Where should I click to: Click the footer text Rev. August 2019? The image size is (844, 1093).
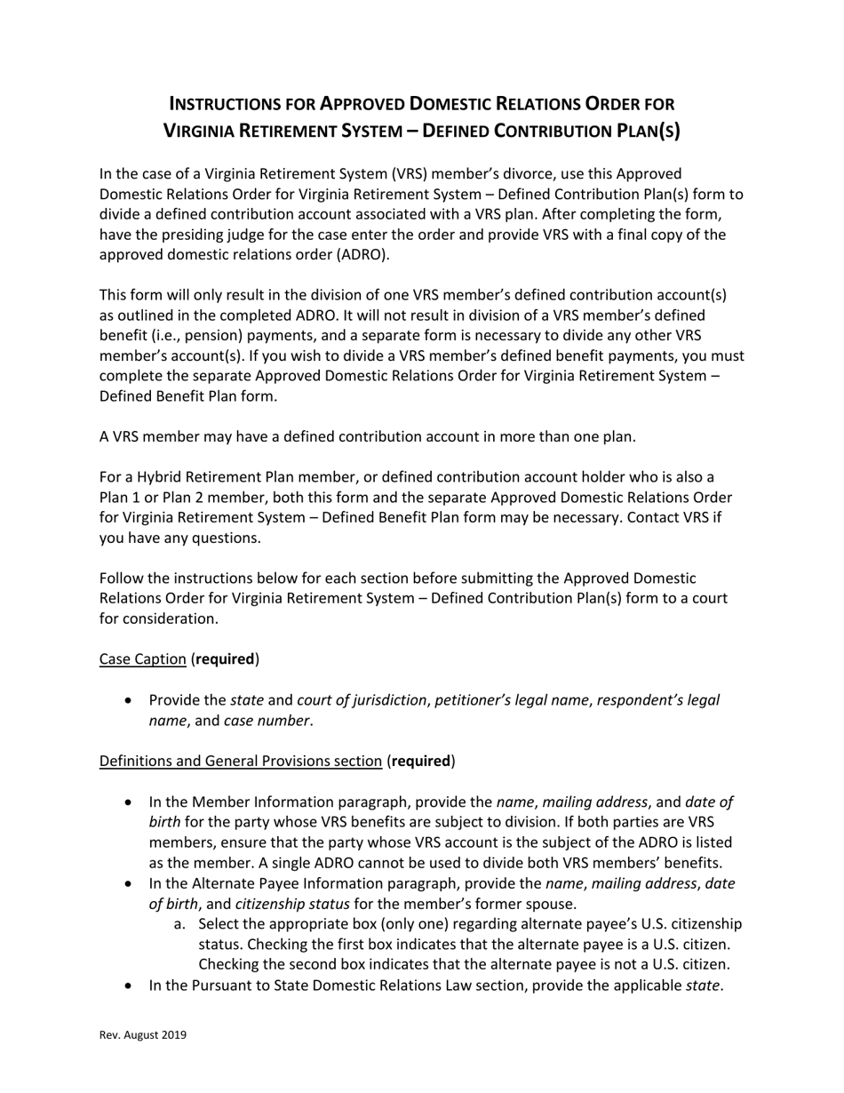coord(142,1034)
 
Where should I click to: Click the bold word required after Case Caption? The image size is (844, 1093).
coord(225,659)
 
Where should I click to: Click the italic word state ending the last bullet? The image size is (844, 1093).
coord(703,985)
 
